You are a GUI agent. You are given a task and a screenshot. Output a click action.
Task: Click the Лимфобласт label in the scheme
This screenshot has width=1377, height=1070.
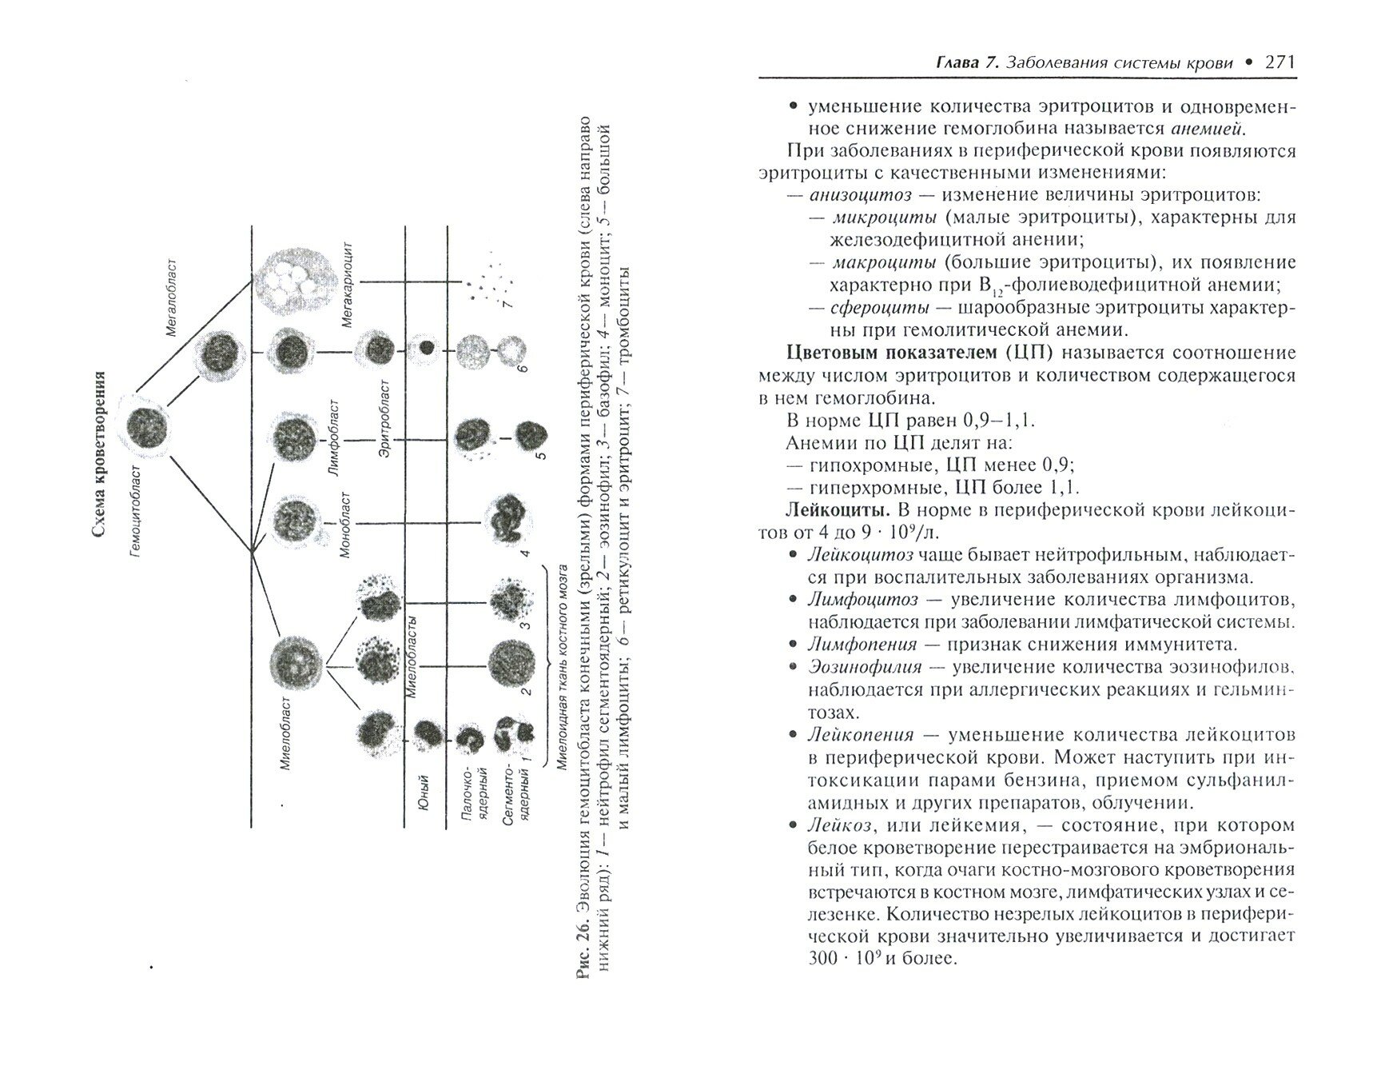(333, 439)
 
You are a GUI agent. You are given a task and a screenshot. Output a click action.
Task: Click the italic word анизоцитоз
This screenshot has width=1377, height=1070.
(859, 195)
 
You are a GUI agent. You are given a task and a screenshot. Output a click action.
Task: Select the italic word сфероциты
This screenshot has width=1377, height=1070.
(879, 308)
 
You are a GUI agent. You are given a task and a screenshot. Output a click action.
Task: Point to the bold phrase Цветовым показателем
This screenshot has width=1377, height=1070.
(870, 353)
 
